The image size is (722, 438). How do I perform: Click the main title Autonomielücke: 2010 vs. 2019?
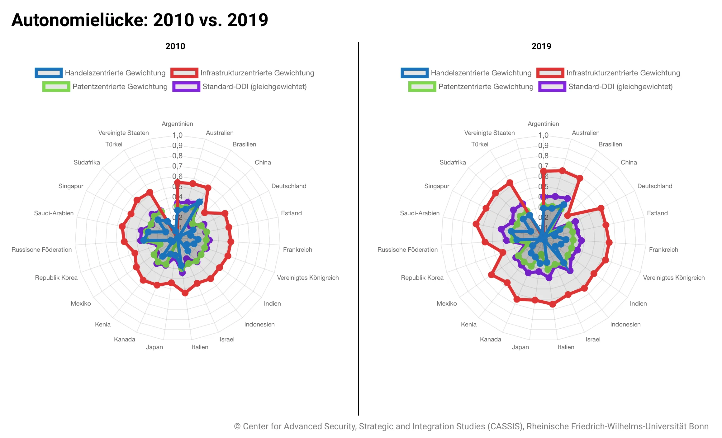140,20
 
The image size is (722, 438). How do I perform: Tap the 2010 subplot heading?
175,46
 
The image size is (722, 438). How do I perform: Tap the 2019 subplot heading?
541,46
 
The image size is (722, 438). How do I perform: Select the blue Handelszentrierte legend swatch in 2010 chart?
49,73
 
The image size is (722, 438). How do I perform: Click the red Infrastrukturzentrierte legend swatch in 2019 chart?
550,73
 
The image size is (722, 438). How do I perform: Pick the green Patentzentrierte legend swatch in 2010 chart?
56,87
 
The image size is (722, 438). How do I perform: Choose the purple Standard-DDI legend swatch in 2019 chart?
552,87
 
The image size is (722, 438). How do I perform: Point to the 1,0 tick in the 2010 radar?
177,135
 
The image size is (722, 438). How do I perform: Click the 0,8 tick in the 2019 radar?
543,156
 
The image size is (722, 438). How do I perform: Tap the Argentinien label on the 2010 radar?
177,124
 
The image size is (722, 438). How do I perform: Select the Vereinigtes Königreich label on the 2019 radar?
674,278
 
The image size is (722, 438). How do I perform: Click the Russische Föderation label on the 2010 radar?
41,250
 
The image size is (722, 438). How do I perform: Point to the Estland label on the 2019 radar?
657,213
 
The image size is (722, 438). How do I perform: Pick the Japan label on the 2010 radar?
154,347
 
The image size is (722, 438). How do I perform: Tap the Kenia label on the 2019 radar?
468,324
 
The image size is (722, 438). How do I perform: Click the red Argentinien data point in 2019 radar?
543,171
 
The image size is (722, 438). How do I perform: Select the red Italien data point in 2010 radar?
185,293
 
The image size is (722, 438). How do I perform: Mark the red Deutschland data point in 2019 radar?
601,208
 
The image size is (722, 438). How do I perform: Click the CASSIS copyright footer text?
471,426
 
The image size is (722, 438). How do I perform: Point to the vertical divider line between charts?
359,227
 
